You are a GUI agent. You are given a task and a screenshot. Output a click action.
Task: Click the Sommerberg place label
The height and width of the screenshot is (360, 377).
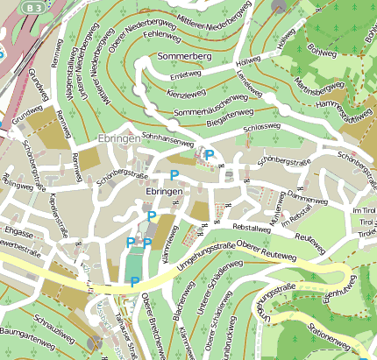(x=184, y=56)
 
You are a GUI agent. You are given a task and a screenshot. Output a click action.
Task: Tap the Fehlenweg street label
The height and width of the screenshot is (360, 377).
(x=161, y=32)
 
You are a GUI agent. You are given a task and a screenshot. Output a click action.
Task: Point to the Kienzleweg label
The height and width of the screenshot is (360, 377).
(x=186, y=91)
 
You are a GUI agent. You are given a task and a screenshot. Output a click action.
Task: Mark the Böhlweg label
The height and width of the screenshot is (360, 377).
(x=325, y=50)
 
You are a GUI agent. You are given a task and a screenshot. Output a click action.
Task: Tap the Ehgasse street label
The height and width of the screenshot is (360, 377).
(x=18, y=233)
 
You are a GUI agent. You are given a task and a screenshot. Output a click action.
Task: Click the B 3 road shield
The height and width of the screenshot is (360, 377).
(x=33, y=7)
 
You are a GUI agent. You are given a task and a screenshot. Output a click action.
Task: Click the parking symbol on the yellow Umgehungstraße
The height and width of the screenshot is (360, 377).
(x=134, y=281)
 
